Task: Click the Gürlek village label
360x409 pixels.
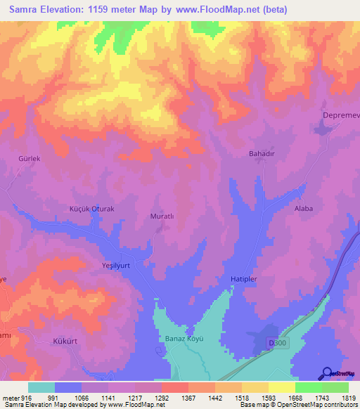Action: tap(30, 159)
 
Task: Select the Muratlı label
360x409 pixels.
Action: tap(162, 216)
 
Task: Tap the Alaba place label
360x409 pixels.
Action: tap(304, 209)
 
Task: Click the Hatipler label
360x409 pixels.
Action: tap(246, 279)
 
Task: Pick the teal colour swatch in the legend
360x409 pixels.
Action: tap(41, 387)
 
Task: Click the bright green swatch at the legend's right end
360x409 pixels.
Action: tap(335, 387)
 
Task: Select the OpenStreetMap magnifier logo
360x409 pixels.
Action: tap(328, 374)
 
